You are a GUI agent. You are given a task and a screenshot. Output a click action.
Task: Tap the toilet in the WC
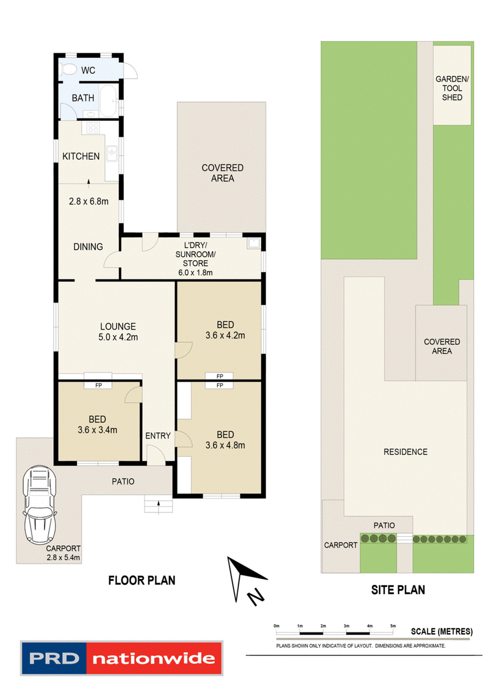click(x=68, y=70)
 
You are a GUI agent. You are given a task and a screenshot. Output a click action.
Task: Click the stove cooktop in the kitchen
click(x=94, y=128)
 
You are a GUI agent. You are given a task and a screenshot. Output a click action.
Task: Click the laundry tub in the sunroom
click(x=253, y=245)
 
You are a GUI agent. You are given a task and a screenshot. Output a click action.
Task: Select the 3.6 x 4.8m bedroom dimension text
click(x=226, y=445)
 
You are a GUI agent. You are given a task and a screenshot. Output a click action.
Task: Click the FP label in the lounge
click(x=98, y=386)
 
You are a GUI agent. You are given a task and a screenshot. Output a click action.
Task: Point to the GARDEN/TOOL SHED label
click(x=452, y=88)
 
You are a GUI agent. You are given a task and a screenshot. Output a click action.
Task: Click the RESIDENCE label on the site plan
click(x=405, y=452)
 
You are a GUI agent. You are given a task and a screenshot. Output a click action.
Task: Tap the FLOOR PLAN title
click(x=142, y=580)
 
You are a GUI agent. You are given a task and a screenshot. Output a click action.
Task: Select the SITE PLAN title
click(x=398, y=590)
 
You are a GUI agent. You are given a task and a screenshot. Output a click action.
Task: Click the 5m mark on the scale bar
click(x=393, y=626)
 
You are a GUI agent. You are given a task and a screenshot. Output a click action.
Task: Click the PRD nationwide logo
click(x=121, y=658)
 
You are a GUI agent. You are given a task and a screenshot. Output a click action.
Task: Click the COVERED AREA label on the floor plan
click(x=223, y=173)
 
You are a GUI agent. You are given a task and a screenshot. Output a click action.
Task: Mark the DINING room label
click(x=88, y=246)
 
